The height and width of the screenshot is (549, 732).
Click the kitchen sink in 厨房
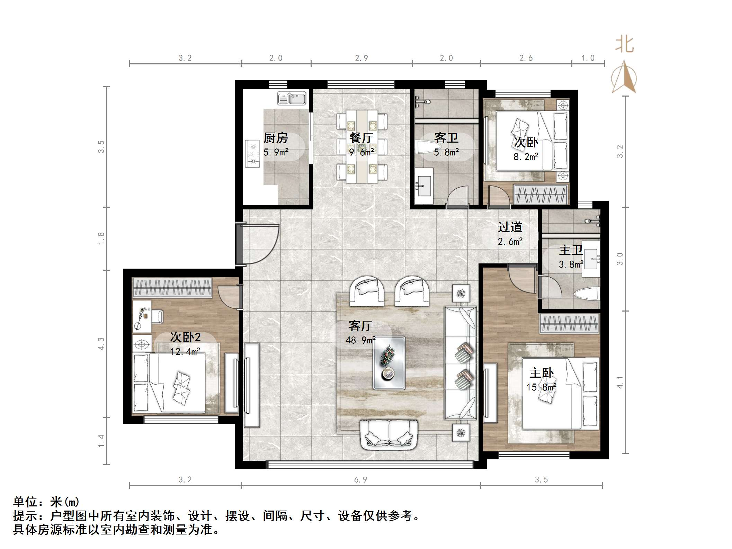point(292,98)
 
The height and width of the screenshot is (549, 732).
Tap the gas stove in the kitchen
point(252,153)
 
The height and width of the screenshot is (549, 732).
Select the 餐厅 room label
point(361,138)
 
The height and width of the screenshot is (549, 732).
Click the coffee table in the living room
point(389,363)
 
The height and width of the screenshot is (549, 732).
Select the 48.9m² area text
point(360,341)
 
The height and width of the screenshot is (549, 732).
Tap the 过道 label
point(510,227)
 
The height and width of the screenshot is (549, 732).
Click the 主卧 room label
point(541,373)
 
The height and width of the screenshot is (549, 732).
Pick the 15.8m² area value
point(541,387)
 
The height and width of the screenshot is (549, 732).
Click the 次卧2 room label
point(185,337)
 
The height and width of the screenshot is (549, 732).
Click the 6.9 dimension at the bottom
point(360,480)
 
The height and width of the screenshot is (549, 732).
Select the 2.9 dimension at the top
point(361,58)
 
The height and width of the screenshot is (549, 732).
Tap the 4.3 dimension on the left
point(101,344)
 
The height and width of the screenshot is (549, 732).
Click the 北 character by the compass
point(624,45)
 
